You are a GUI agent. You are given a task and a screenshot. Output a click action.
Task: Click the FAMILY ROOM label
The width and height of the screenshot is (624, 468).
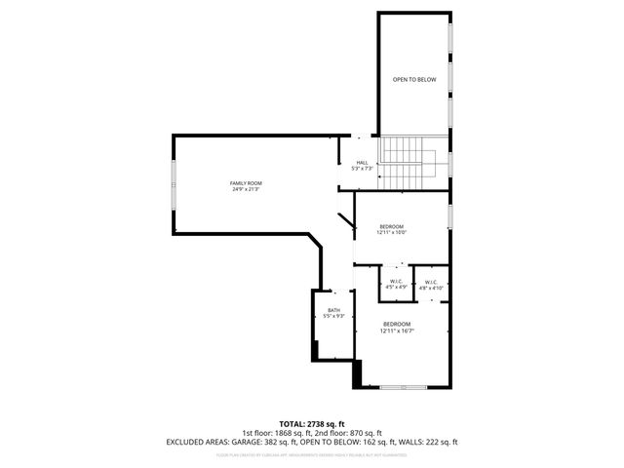[x=246, y=183]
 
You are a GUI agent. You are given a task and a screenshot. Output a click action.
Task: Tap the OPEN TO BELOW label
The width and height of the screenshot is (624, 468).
[x=413, y=79]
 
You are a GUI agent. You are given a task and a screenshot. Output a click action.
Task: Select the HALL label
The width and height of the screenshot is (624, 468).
[x=363, y=163]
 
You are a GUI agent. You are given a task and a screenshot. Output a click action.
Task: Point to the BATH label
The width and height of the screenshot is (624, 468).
[x=333, y=310]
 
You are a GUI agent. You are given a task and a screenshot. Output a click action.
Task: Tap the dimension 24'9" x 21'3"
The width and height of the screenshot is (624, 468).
[x=246, y=189]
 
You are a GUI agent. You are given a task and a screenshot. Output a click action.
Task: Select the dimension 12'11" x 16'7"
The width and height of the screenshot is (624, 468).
[x=396, y=331]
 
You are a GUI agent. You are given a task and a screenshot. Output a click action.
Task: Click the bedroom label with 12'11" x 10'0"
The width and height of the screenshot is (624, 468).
[x=391, y=226]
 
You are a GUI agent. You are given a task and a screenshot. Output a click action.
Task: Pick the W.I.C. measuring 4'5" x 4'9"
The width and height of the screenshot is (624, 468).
[x=396, y=282]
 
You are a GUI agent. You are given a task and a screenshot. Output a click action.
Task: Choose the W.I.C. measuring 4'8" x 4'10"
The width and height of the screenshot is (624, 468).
[x=431, y=283]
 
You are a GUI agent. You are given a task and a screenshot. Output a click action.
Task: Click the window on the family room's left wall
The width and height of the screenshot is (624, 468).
[x=174, y=184]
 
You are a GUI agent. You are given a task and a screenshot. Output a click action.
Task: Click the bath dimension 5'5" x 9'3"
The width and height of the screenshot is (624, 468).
[x=333, y=316]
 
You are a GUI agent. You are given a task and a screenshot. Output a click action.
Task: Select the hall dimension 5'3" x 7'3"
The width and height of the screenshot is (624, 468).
[x=363, y=169]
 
